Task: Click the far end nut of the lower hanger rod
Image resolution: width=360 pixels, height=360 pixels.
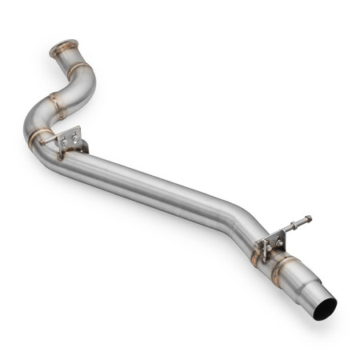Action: (x=308, y=218)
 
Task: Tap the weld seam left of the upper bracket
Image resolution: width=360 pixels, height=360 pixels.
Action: (x=35, y=136)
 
